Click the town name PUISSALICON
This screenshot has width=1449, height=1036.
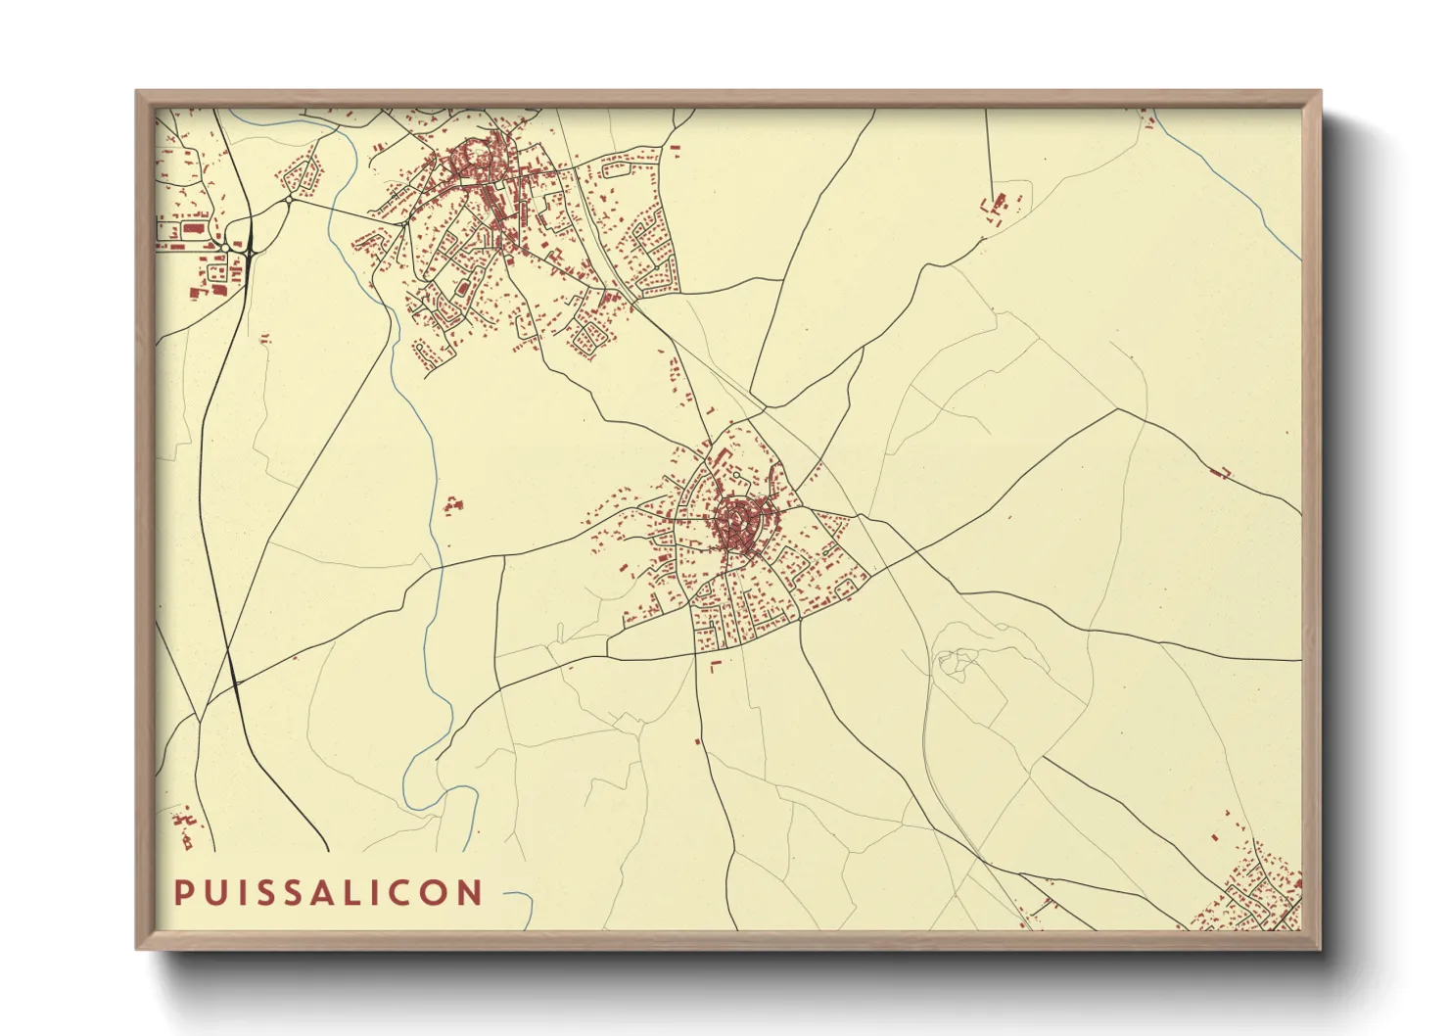(x=328, y=892)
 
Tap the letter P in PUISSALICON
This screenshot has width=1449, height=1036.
(x=182, y=892)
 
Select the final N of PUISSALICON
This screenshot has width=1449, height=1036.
(x=472, y=892)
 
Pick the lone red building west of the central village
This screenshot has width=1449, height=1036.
(x=452, y=505)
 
